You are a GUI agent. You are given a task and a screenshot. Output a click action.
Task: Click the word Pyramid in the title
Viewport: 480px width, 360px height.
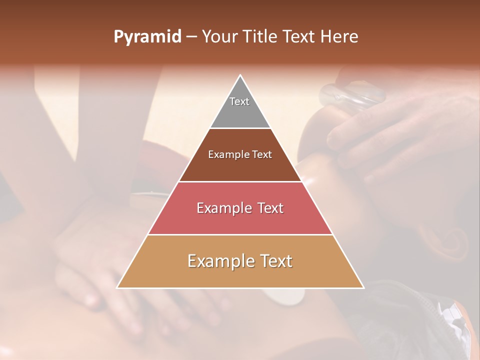coord(147,37)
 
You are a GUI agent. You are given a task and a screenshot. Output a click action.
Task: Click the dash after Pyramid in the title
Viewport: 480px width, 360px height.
coord(191,37)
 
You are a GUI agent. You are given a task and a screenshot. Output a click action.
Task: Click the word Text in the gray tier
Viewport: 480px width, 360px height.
coord(239,101)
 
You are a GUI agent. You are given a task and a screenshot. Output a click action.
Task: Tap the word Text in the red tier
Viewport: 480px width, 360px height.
coord(270,208)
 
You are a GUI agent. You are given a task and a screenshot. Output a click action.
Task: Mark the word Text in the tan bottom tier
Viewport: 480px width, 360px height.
coord(276,261)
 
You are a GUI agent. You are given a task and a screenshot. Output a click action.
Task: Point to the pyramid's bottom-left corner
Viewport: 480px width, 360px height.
coord(117,287)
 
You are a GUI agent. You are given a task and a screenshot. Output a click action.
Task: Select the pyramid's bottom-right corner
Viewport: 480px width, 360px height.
coord(363,287)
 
